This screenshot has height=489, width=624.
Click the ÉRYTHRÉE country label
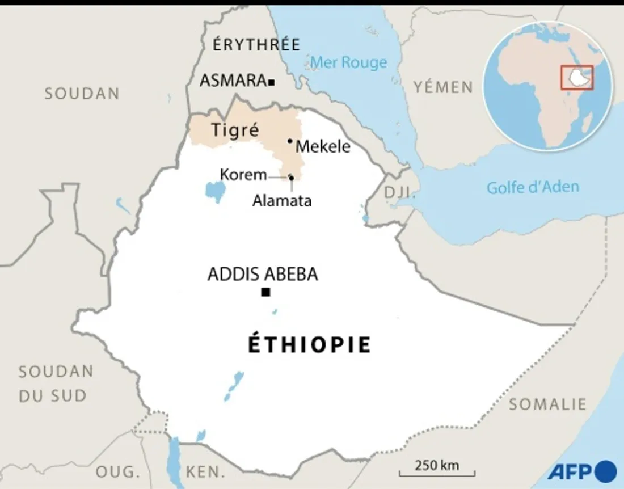point(256,45)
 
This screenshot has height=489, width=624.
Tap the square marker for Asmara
point(272,82)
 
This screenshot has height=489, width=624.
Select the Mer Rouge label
point(349,62)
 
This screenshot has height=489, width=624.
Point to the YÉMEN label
point(443,87)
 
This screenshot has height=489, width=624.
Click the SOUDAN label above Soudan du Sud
point(82,94)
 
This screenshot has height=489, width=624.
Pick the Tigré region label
point(235,130)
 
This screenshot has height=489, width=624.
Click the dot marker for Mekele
point(290,141)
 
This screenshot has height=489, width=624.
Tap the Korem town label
point(243,175)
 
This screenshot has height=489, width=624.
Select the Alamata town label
point(282,200)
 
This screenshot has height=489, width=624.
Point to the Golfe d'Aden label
point(533,187)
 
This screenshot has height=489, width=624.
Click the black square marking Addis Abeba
point(265,292)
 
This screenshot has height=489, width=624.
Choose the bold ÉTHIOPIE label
point(309,345)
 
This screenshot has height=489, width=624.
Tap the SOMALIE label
point(547,404)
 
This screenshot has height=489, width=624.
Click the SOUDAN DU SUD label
point(56,383)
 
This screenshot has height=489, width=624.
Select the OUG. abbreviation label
point(117,471)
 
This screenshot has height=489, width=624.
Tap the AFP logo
point(582,471)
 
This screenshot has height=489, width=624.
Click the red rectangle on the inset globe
point(577,77)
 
